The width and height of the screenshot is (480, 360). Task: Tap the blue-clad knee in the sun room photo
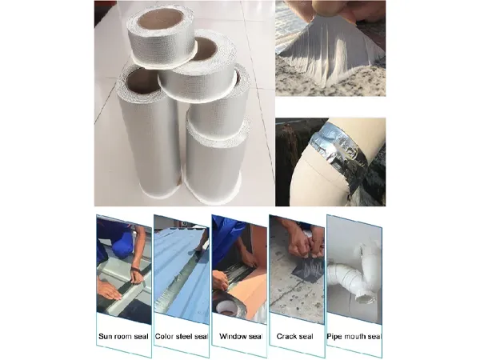point(108,236)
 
